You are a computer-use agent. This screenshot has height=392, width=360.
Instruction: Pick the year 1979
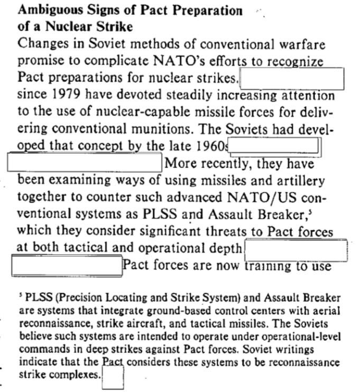click(x=68, y=96)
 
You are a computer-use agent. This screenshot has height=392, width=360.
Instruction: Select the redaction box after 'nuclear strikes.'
click(x=292, y=79)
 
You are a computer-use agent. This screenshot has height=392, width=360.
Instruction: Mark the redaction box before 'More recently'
click(x=85, y=162)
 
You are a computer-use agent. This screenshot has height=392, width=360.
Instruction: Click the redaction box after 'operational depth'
click(x=296, y=247)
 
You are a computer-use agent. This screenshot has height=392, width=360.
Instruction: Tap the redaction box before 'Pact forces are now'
click(x=67, y=265)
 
